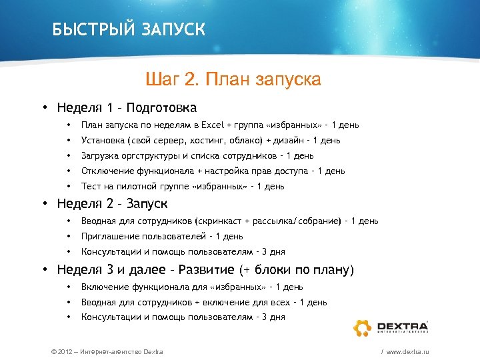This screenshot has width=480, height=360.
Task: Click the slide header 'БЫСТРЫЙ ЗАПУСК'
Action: click(x=129, y=30)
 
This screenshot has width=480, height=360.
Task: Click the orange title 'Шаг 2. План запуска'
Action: click(x=233, y=80)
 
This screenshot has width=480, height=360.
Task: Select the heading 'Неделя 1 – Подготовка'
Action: click(x=127, y=107)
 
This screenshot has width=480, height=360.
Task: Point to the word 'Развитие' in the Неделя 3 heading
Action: click(x=206, y=270)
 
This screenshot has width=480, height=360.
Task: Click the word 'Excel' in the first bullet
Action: click(x=213, y=125)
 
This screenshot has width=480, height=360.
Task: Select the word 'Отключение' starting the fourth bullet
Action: click(x=105, y=171)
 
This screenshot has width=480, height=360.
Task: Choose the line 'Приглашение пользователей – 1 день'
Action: click(x=162, y=236)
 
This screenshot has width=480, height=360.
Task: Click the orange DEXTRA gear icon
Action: click(x=362, y=327)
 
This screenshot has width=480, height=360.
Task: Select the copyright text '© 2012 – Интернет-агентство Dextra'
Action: click(x=103, y=351)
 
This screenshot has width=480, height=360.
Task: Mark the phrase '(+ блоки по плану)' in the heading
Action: click(x=297, y=270)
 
